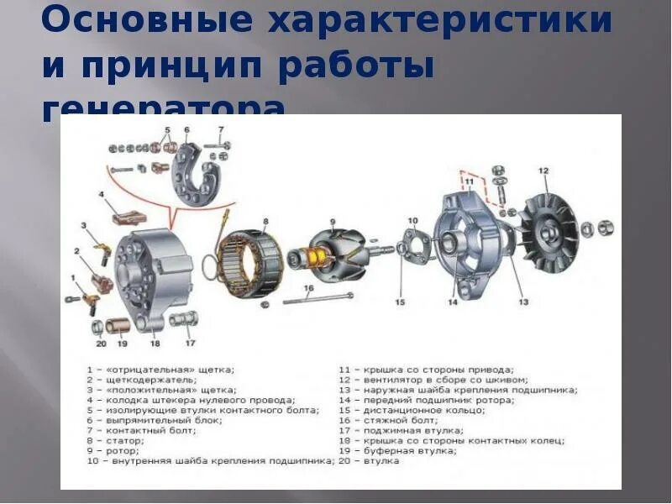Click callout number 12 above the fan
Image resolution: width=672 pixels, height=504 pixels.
543,171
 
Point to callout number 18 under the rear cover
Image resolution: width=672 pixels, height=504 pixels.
155,344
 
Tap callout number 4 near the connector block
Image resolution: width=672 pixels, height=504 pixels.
102,195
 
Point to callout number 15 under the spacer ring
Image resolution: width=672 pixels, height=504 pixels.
400,302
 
